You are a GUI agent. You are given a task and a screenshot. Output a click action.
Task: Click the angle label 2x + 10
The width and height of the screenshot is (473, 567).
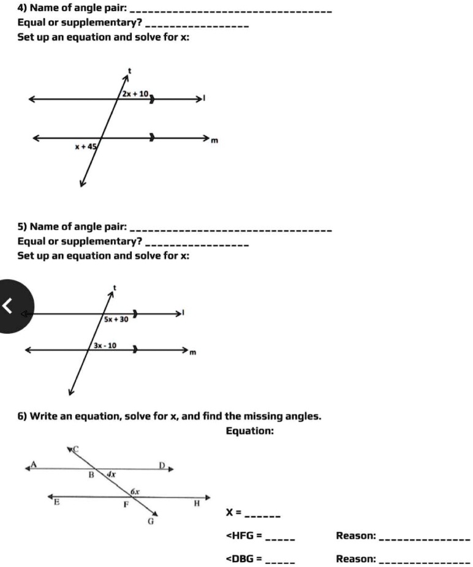point(135,94)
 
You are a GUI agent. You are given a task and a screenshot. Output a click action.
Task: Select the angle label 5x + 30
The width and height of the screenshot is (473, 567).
point(116,319)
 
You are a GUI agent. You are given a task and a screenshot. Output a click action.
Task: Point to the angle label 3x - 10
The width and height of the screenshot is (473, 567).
point(106,345)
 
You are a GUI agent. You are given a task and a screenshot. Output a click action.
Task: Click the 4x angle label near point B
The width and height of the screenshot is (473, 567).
point(111,474)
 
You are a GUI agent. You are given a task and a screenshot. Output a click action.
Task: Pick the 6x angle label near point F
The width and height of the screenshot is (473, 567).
point(135,492)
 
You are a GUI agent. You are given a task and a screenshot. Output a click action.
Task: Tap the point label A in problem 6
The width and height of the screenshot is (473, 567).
point(34,465)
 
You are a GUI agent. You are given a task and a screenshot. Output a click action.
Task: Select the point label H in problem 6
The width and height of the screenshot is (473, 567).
point(197,503)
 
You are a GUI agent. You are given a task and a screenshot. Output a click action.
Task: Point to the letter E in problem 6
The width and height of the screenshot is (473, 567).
point(57,501)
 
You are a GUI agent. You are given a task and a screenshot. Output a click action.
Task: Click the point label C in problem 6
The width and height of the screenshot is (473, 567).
point(77,450)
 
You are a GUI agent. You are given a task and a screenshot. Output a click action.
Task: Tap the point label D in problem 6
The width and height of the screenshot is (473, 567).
point(163,467)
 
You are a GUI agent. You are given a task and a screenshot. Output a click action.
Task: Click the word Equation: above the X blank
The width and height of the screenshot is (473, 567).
point(250,431)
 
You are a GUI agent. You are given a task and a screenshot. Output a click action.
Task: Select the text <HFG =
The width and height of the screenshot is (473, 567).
point(244,536)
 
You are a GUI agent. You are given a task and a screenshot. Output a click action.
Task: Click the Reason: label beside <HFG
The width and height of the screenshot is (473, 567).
point(356,536)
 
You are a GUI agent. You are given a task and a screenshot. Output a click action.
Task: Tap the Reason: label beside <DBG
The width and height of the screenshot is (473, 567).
point(356,558)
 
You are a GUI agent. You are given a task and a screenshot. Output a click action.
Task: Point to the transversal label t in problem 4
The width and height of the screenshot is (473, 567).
point(129,71)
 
